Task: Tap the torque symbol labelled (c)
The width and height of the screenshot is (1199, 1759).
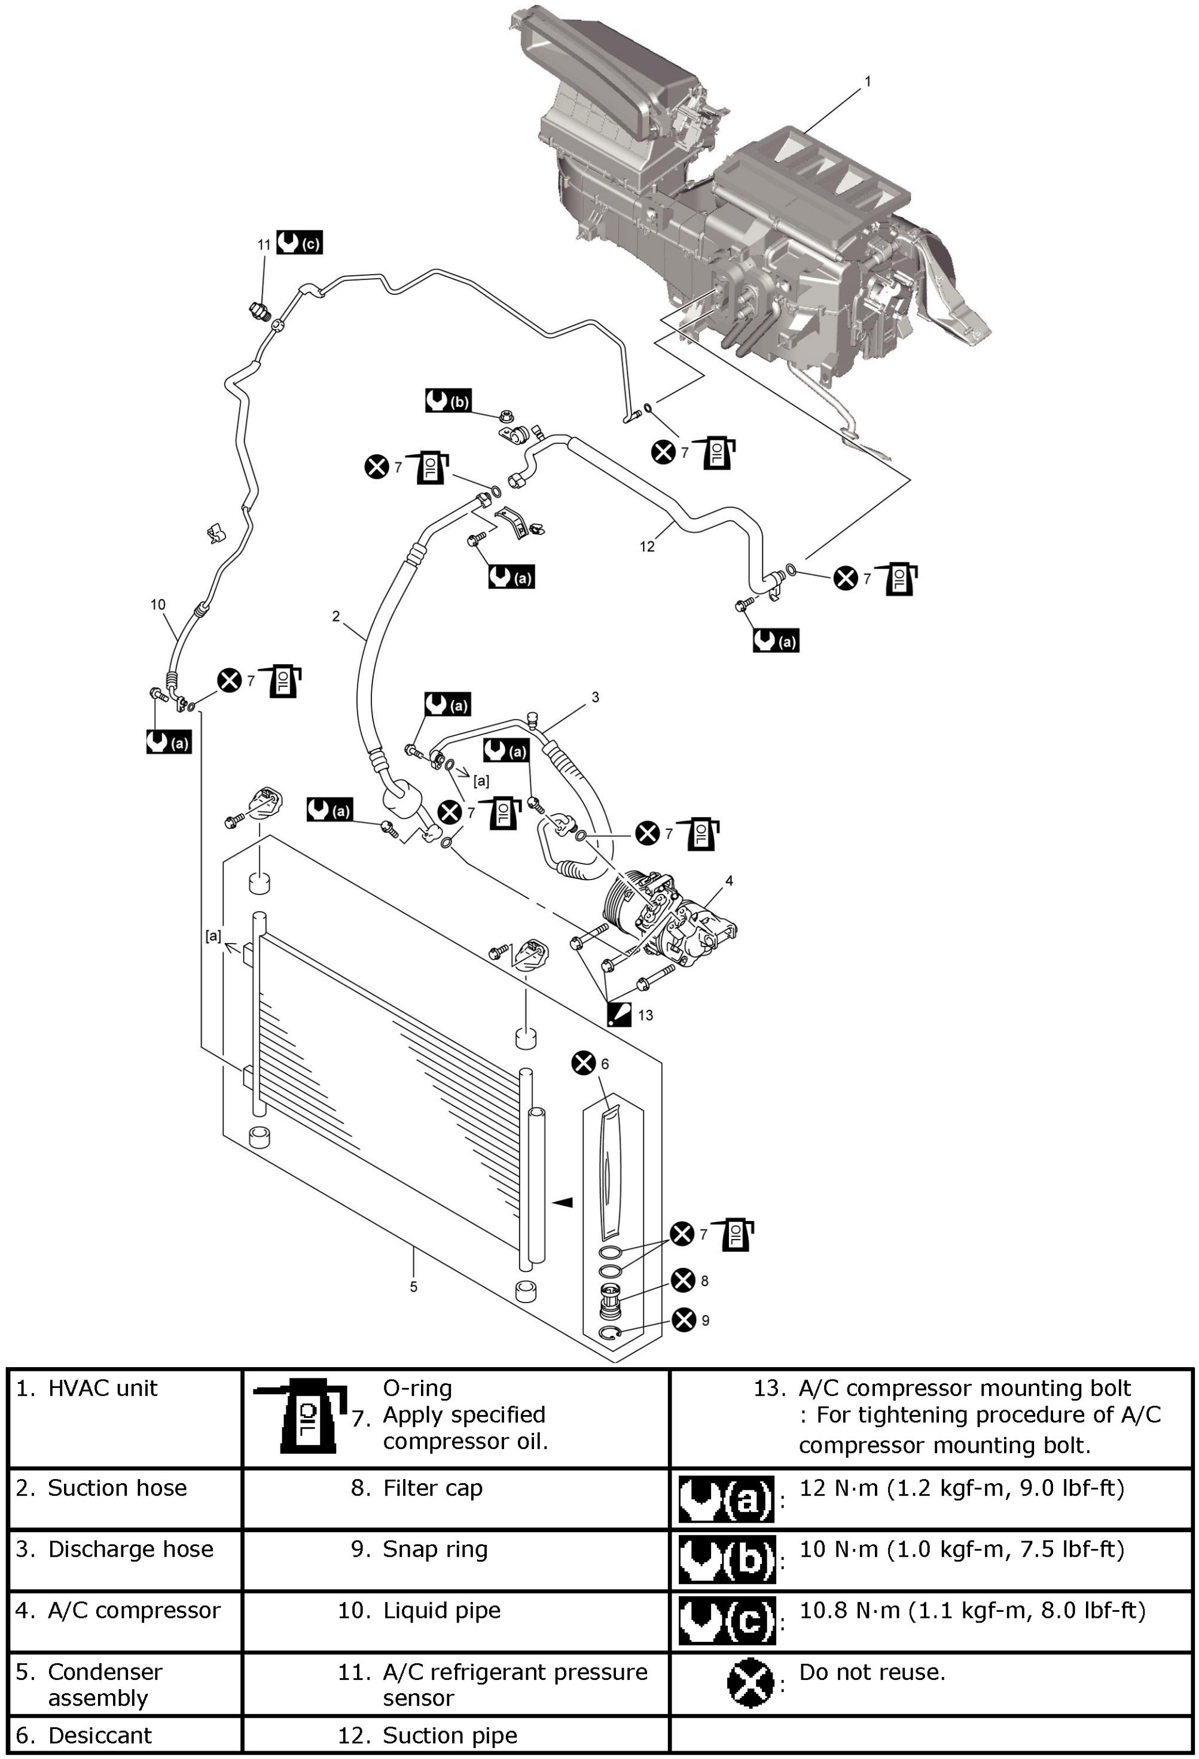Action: pyautogui.click(x=299, y=243)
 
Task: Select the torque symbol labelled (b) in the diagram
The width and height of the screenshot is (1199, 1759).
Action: pyautogui.click(x=448, y=400)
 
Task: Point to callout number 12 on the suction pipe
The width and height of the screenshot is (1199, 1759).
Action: pyautogui.click(x=647, y=546)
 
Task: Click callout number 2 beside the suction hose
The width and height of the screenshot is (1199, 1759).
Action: pyautogui.click(x=336, y=617)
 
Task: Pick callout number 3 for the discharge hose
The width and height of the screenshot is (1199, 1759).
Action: pyautogui.click(x=596, y=696)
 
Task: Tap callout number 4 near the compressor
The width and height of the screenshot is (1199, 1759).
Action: pyautogui.click(x=729, y=880)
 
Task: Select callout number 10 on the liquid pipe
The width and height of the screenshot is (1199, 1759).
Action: pyautogui.click(x=157, y=604)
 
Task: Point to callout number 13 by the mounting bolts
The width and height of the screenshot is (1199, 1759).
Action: pyautogui.click(x=645, y=1015)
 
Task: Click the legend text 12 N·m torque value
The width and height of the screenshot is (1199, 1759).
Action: pyautogui.click(x=962, y=1488)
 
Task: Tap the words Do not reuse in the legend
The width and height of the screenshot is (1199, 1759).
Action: pyautogui.click(x=872, y=1672)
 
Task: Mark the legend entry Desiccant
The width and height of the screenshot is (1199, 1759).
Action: pyautogui.click(x=99, y=1735)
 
